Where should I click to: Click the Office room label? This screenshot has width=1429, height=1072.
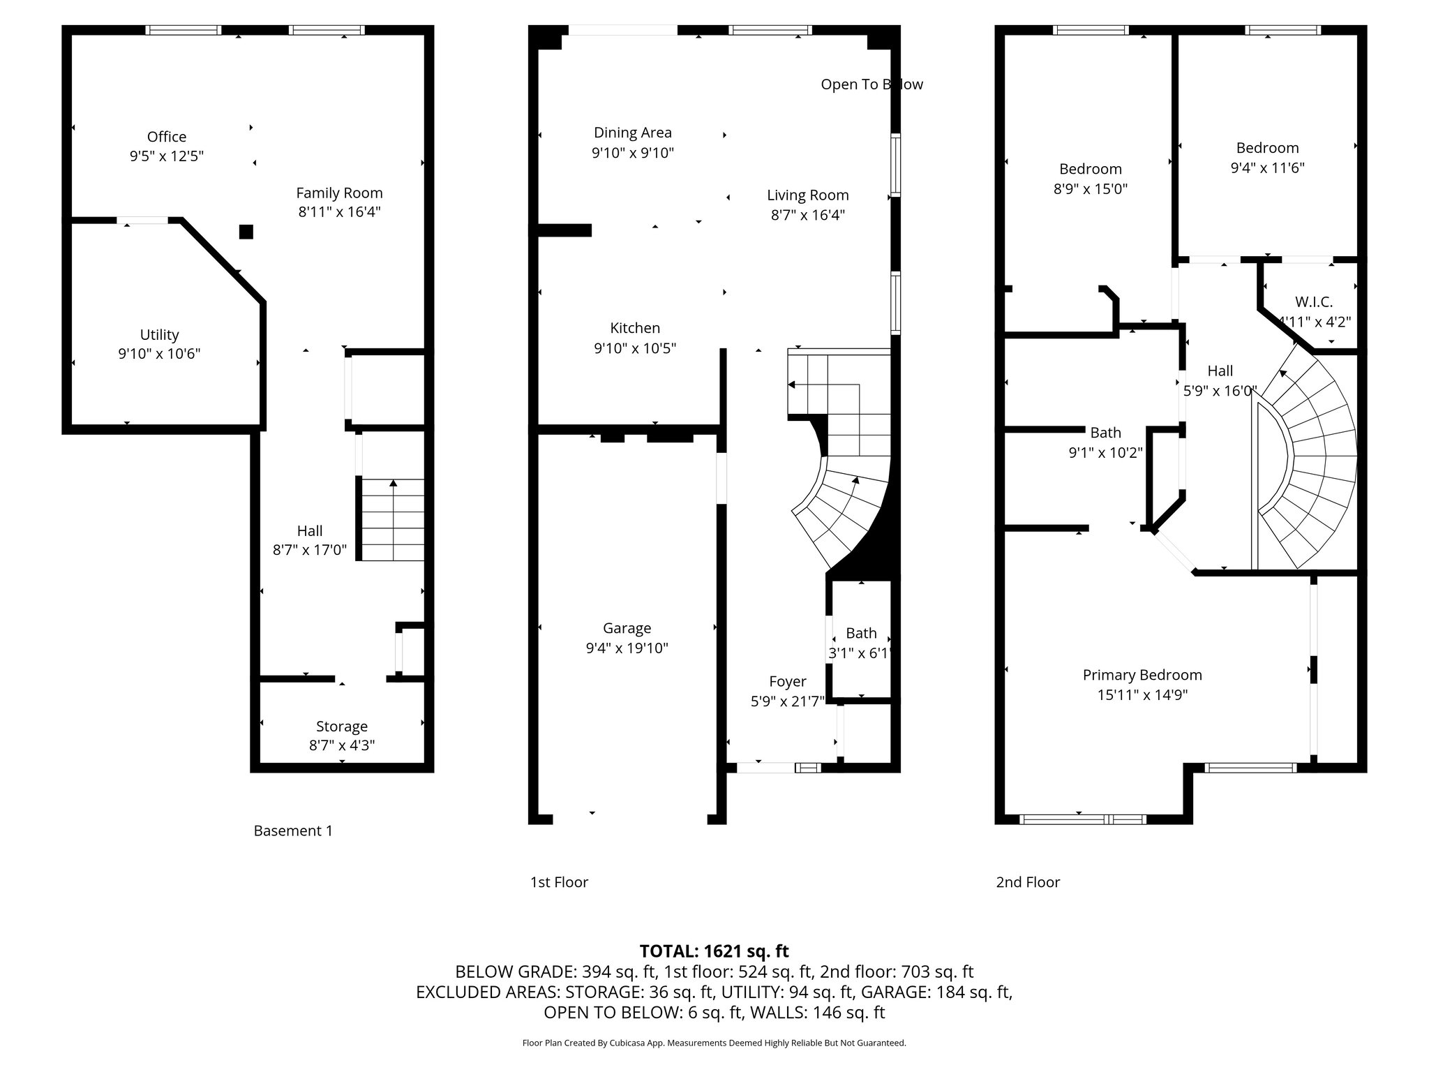167,137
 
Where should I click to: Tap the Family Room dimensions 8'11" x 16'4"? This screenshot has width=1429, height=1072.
339,211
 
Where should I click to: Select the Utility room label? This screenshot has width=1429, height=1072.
159,335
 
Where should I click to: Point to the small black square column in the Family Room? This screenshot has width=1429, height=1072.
246,232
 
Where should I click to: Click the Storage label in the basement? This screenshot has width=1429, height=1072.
342,727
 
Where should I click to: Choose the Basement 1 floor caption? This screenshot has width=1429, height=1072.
293,831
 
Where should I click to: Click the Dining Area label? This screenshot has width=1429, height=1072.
633,133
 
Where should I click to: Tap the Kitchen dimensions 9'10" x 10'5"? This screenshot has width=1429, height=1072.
635,348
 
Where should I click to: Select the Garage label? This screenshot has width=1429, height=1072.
627,628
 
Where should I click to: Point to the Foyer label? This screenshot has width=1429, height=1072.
788,681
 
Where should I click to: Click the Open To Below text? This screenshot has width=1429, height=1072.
872,84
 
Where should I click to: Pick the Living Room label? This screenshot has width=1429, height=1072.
808,195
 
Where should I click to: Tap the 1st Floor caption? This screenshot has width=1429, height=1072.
559,882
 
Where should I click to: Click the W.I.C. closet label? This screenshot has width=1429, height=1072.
1314,302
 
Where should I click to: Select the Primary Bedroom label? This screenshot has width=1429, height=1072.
1142,675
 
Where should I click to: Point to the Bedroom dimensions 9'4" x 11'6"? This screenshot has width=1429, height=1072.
1267,167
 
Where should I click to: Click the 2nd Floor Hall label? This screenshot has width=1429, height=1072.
1220,371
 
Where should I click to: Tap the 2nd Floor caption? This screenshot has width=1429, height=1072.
1028,882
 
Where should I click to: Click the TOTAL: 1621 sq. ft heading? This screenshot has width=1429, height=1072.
714,951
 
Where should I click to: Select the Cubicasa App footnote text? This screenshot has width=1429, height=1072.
714,1043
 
